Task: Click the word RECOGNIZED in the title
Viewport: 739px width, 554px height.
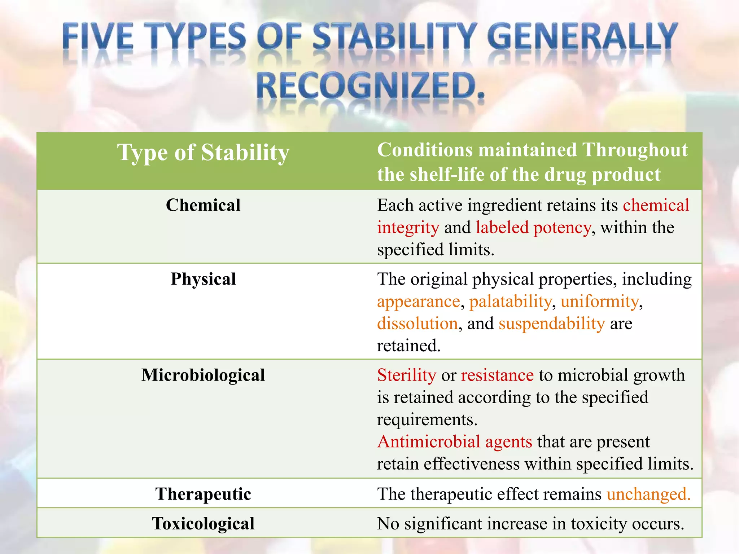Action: coord(370,86)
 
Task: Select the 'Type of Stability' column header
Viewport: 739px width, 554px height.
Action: coord(203,153)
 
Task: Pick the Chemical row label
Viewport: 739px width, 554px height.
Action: coord(203,205)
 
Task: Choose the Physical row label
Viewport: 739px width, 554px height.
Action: coord(203,279)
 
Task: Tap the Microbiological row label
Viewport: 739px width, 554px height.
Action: coord(203,375)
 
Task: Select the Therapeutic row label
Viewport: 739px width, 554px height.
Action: coord(203,494)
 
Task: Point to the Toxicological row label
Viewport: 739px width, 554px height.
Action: coord(203,524)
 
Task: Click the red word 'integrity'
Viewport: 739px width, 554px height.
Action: coord(408,228)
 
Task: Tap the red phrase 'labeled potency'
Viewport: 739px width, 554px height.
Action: coord(533,228)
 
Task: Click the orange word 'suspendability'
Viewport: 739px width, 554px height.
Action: coord(552,324)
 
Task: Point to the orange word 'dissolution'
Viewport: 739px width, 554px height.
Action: coord(417,324)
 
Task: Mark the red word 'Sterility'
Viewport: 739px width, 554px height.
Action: coord(407,375)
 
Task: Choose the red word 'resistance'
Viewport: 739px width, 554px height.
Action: coord(497,375)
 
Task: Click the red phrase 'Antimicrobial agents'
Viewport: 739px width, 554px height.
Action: coord(455,442)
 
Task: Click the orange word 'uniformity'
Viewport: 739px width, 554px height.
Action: coord(599,302)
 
